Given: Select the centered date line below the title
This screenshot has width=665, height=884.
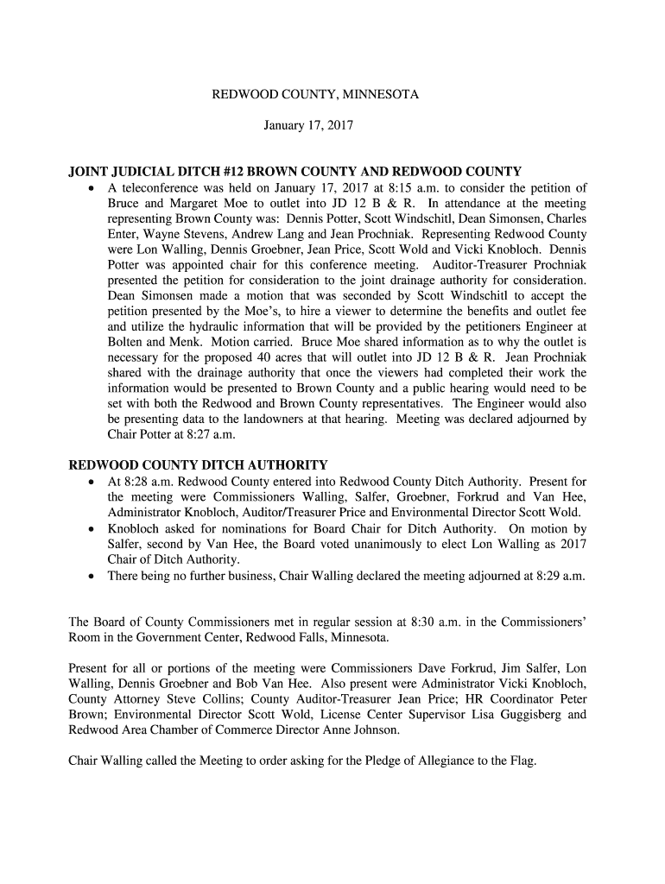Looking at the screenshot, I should coord(308,125).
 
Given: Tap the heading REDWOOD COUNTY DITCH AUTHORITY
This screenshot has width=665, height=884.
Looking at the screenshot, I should coord(198,465).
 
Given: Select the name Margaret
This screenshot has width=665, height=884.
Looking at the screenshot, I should coord(199,204).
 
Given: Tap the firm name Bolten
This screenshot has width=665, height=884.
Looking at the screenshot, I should coord(130,343).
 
